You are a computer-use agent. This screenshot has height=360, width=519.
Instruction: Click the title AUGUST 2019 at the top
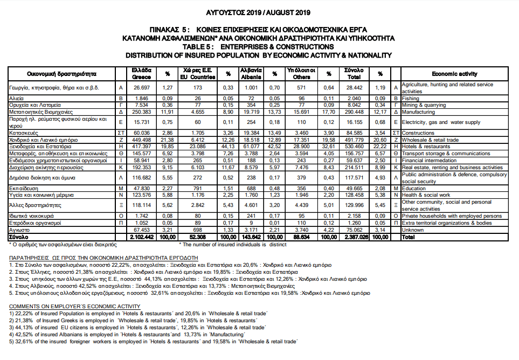pyautogui.click(x=259, y=12)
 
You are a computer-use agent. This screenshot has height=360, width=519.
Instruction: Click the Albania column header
pyautogui.click(x=251, y=73)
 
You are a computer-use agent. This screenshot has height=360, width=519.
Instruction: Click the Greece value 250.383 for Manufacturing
pyautogui.click(x=141, y=112)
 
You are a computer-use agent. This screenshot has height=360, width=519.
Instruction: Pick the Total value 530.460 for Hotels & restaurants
pyautogui.click(x=354, y=146)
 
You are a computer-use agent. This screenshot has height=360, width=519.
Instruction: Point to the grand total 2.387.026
pyautogui.click(x=354, y=237)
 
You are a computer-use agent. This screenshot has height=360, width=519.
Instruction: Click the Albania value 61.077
pyautogui.click(x=251, y=146)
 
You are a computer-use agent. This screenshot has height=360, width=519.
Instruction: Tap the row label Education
pyautogui.click(x=414, y=188)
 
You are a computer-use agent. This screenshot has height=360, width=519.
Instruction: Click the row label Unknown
pyautogui.click(x=413, y=230)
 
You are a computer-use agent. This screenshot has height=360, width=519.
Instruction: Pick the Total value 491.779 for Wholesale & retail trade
pyautogui.click(x=354, y=139)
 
